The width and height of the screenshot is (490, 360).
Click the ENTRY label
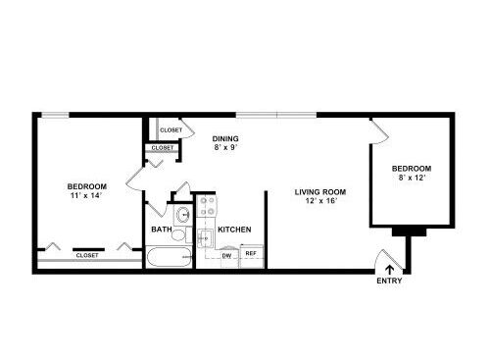coord(389,281)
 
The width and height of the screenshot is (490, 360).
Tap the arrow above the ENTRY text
coord(389,270)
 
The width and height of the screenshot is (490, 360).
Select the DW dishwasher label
coord(226,256)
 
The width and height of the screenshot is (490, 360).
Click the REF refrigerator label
coord(251,253)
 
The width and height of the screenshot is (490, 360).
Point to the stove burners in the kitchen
coord(207,206)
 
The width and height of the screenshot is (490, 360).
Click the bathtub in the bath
coord(169,257)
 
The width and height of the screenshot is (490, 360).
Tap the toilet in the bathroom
coord(178,235)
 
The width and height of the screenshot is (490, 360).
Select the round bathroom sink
coord(183,215)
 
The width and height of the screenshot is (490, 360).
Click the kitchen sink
coord(205,236)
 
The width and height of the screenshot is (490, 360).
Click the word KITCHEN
coord(234,230)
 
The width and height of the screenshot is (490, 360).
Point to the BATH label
coord(162,230)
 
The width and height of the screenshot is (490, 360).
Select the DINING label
coord(225,138)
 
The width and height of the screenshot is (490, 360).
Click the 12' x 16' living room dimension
coord(320,200)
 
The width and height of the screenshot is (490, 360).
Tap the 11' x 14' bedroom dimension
coord(86,195)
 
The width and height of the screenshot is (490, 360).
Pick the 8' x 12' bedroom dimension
coord(412,178)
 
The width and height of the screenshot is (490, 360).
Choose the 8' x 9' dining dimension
coord(225,147)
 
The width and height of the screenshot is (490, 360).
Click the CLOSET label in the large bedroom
coord(87,255)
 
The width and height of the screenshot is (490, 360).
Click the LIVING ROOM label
coord(320,192)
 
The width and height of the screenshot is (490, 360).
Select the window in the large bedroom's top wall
coord(55,115)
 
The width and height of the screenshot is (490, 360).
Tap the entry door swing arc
coord(378,258)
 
